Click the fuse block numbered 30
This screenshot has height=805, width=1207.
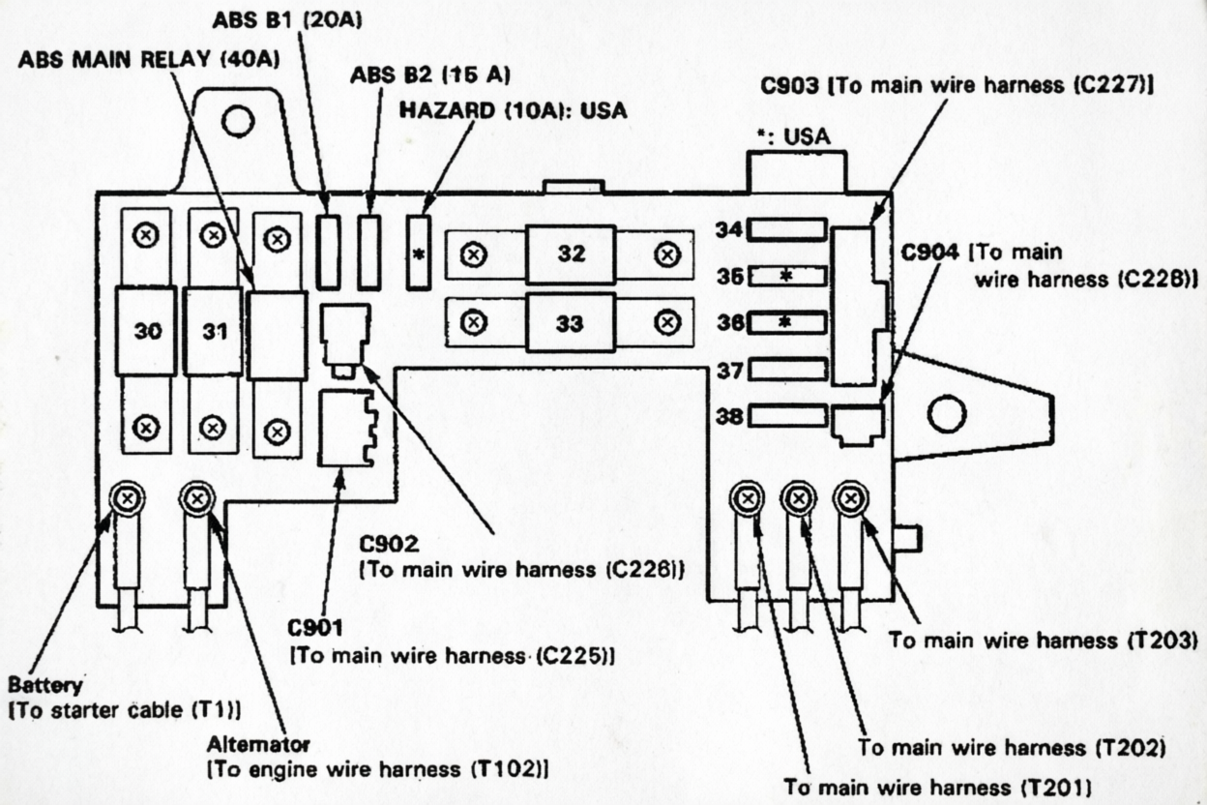coord(146,331)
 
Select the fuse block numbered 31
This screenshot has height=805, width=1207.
coord(213,331)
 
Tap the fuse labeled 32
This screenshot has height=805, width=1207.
coord(571,254)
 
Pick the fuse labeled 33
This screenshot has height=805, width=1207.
coord(571,323)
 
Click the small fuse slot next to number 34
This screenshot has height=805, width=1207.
coord(787,229)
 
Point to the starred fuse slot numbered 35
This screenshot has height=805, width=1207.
coord(787,276)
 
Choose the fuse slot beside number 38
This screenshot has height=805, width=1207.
coord(787,416)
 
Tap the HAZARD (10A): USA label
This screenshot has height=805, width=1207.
coord(514,110)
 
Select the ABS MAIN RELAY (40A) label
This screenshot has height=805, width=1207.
coord(149,59)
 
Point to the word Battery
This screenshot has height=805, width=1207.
coord(44,685)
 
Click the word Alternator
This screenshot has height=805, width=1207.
coord(258,744)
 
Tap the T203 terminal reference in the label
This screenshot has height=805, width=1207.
coord(1163,641)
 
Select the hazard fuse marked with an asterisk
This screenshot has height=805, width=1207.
coord(419,253)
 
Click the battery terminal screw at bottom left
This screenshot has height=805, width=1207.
coord(126,499)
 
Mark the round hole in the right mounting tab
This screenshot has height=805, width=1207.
coord(946,415)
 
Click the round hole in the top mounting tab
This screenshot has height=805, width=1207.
coord(237,121)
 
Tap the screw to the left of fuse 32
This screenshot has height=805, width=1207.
coord(474,254)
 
